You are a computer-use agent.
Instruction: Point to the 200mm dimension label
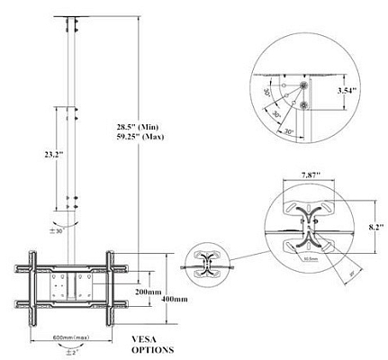(x=146, y=293)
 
